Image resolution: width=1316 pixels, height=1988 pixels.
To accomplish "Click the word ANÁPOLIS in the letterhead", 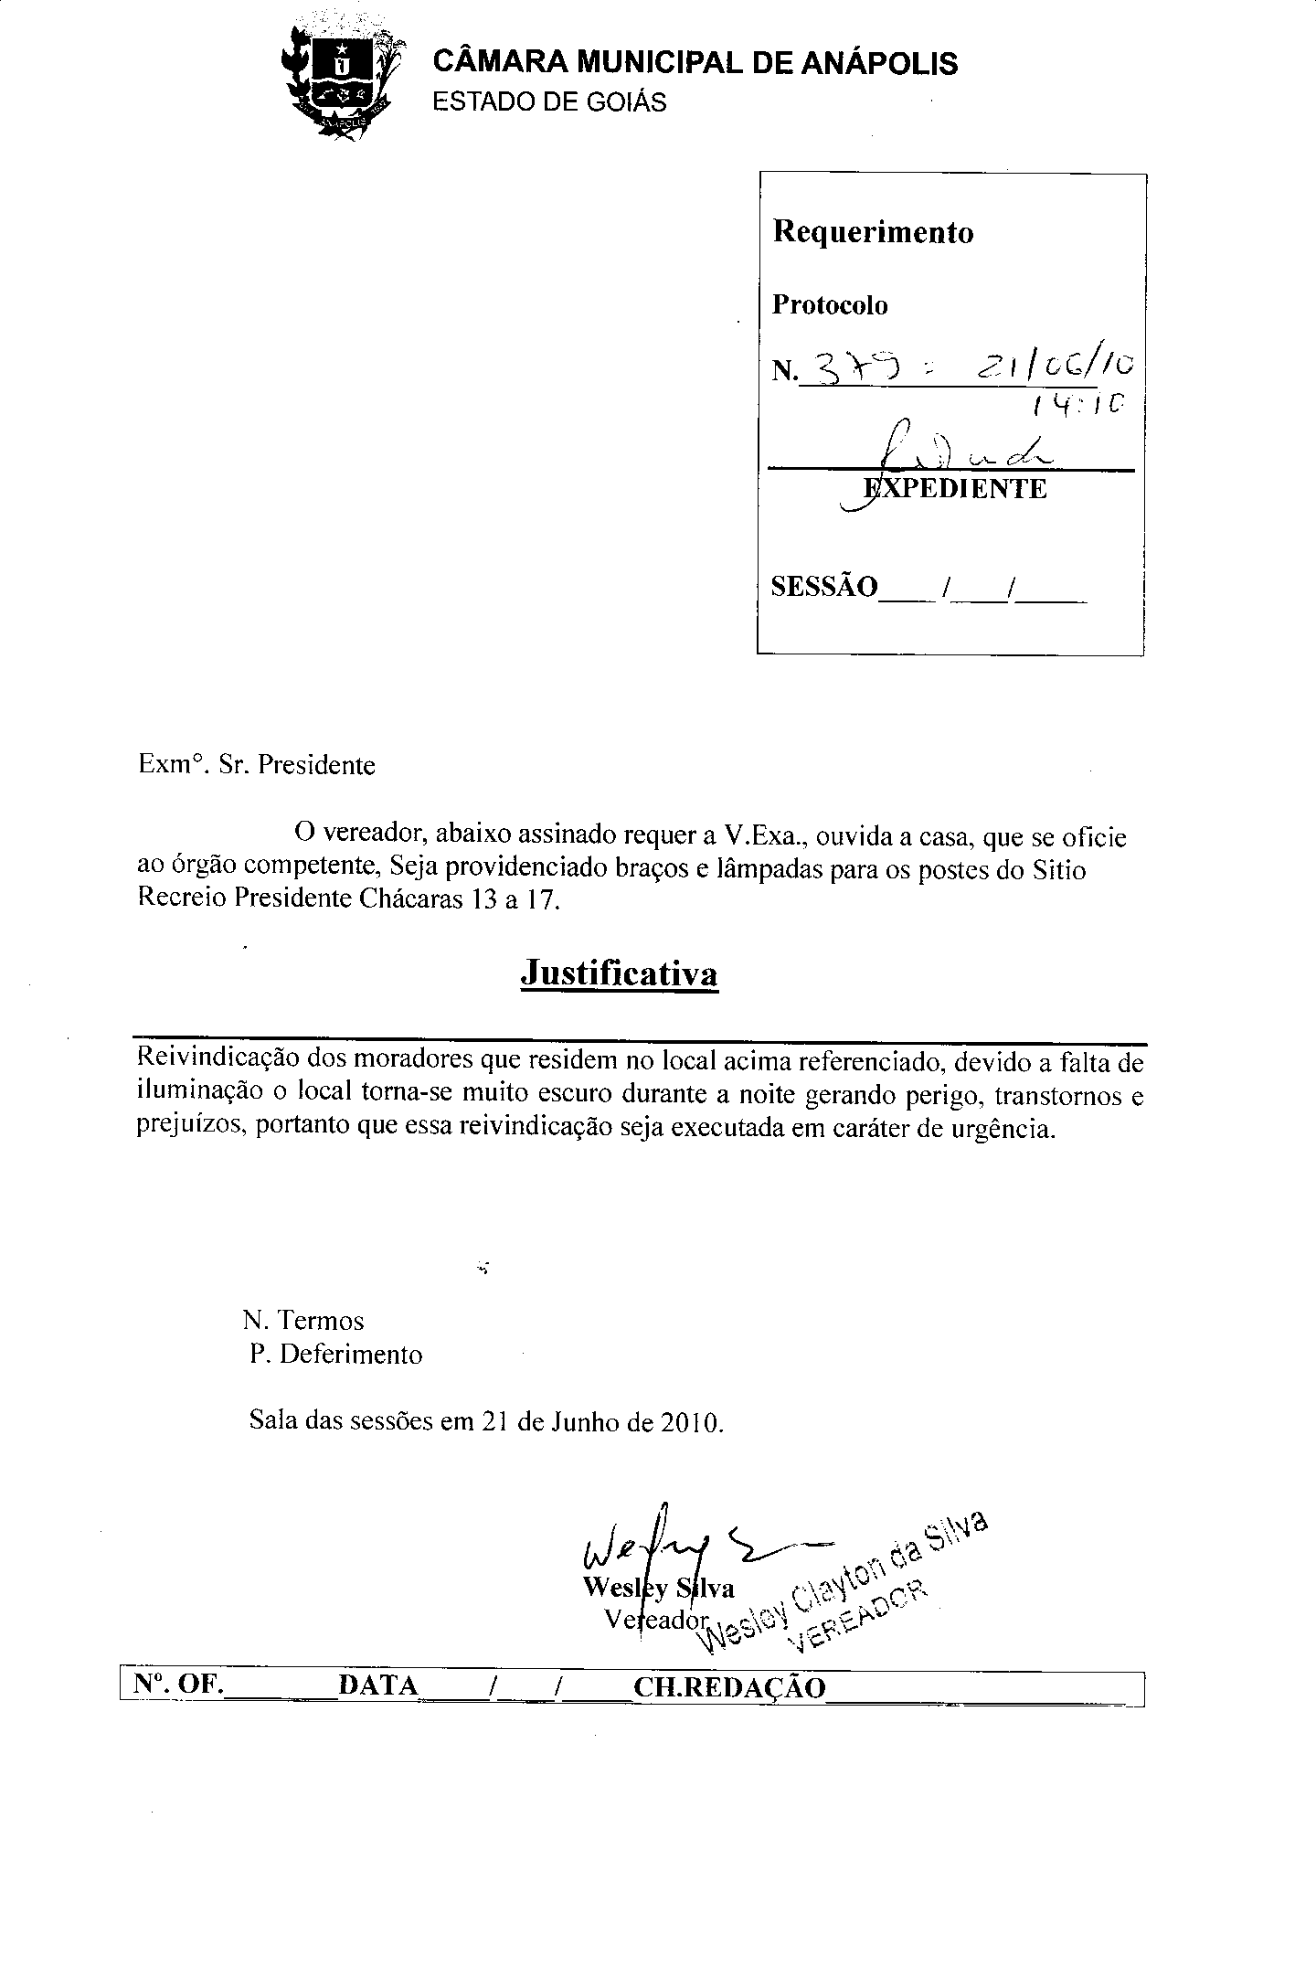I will (879, 63).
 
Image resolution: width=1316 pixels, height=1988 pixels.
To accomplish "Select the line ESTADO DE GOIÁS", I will (549, 102).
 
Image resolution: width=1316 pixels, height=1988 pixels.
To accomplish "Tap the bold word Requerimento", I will (873, 232).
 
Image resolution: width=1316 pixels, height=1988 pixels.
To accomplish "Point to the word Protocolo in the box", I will (830, 305).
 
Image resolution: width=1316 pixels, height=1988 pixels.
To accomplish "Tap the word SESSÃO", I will (823, 586).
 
